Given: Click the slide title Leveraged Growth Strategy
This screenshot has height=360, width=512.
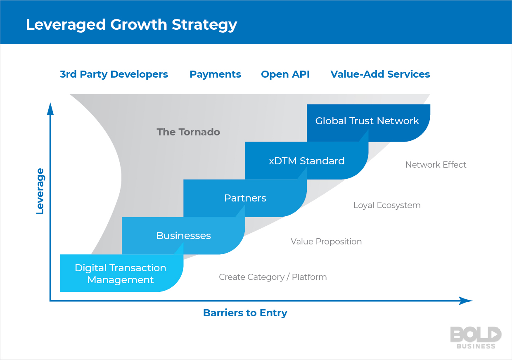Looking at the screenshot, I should coord(131,25).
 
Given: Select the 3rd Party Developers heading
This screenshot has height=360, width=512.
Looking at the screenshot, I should coord(114,74).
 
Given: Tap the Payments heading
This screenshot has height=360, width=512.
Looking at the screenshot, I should coord(215,74).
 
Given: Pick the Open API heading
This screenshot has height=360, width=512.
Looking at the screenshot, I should coord(285,74).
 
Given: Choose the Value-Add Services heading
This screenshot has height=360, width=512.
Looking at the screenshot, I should coord(380,74).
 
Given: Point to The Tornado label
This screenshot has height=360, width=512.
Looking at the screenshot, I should coord(188,132).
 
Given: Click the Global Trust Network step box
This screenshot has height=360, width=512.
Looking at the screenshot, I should coord(367,121).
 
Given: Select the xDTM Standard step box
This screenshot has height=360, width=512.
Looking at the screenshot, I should coord(306,161).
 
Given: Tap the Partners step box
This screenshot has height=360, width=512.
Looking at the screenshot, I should coord(245,198).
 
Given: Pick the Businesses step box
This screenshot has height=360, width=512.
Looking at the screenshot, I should coord(183,236).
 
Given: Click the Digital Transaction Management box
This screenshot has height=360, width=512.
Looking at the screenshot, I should coord(121,274).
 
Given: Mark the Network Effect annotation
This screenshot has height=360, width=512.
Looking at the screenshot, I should coord(436,165).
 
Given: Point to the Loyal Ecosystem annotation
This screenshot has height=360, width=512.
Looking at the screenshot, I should coord(387,205).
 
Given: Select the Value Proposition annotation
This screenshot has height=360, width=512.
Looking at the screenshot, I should coord(326,242).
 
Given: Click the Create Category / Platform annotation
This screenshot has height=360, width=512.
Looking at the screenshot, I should coord(273,277).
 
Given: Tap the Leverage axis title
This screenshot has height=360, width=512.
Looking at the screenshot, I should coord(40,191).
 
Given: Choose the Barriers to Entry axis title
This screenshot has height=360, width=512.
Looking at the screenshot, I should coord(245,313).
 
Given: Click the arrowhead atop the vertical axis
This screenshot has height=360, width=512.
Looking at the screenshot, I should coord(50,109).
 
